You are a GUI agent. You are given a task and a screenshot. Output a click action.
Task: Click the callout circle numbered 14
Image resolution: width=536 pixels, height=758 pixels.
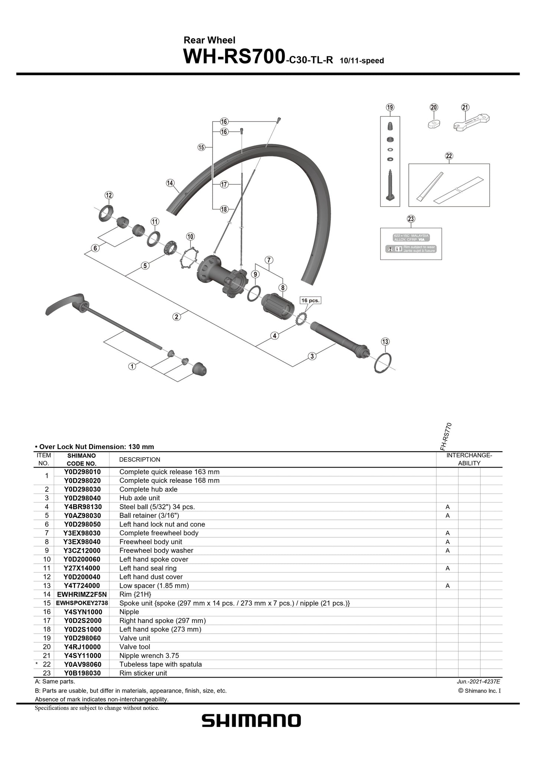(170, 183)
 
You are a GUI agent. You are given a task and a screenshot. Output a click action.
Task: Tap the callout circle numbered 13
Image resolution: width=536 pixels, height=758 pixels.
(385, 342)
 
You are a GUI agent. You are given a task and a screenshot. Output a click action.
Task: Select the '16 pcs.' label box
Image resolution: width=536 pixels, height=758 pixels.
(310, 300)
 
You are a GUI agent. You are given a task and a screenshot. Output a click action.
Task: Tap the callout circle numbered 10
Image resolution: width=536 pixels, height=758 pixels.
(190, 237)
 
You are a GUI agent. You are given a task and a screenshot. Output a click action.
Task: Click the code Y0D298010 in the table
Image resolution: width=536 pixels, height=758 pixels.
(82, 472)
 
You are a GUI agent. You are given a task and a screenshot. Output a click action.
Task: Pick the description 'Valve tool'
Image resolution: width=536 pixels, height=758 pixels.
(135, 647)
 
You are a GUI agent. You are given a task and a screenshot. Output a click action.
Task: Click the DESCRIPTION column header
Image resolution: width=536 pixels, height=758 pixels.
(140, 459)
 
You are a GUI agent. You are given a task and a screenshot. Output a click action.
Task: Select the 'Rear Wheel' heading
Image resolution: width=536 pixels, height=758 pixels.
(209, 40)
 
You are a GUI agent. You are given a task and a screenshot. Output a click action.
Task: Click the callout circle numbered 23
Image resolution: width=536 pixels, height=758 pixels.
(411, 219)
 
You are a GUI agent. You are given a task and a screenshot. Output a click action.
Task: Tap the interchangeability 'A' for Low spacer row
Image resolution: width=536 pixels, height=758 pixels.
(447, 586)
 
